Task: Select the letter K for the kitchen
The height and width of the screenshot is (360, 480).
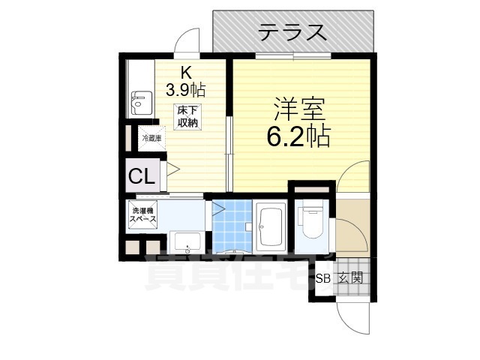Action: pos(185,73)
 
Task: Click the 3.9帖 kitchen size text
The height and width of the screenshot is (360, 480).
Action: pos(186,88)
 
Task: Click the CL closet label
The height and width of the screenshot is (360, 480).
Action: pos(141,177)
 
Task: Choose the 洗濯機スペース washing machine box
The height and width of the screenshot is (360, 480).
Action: pos(144,214)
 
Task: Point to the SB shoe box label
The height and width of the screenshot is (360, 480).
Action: pos(322,278)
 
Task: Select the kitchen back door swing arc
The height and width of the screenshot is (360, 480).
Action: pos(187,39)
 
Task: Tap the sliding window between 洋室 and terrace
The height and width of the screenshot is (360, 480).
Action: pos(293,56)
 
